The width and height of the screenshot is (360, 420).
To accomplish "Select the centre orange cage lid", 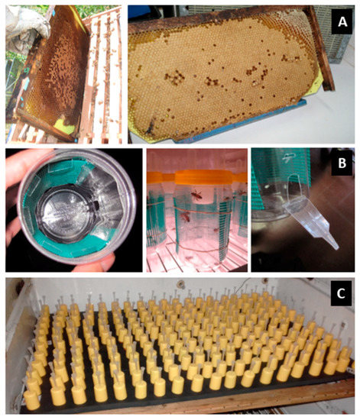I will pyautogui.click(x=198, y=181).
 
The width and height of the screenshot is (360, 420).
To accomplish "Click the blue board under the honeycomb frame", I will pyautogui.click(x=229, y=137).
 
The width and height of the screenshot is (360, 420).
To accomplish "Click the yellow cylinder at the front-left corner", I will pyautogui.click(x=32, y=396).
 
